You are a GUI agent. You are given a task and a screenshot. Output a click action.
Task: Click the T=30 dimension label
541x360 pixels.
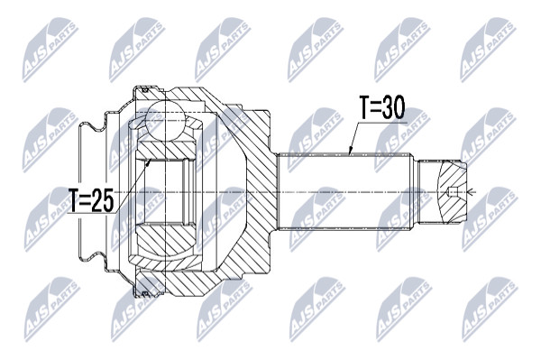[x=381, y=107]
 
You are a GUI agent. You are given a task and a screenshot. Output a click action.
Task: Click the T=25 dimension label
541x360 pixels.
[x=91, y=200]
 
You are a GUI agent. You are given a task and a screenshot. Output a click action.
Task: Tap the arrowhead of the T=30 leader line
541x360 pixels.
[x=350, y=152]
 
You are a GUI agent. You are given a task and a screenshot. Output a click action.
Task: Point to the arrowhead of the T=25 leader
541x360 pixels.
[x=149, y=162]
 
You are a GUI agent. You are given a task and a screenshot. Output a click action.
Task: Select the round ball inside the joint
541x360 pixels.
[x=166, y=120]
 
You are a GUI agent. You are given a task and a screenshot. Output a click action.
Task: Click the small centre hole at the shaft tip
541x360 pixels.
[x=453, y=191]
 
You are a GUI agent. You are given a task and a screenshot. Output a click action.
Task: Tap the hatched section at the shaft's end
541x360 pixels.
[x=452, y=192]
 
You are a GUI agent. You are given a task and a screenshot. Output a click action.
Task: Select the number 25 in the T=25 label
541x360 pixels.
[x=103, y=200]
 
